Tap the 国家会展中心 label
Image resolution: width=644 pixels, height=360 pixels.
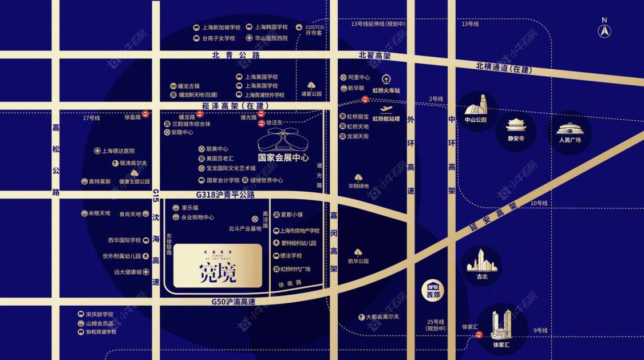(283, 157)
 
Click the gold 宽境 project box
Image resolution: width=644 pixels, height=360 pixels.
(218, 266)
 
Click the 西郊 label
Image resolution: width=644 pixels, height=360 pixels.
(434, 295)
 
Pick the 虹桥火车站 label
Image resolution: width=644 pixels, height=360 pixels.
(386, 90)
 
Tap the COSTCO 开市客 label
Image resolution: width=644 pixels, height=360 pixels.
(314, 30)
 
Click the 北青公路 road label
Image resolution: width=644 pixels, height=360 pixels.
(236, 55)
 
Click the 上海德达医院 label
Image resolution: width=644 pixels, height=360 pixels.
(118, 151)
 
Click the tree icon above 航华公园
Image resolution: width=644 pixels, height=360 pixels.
(358, 252)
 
